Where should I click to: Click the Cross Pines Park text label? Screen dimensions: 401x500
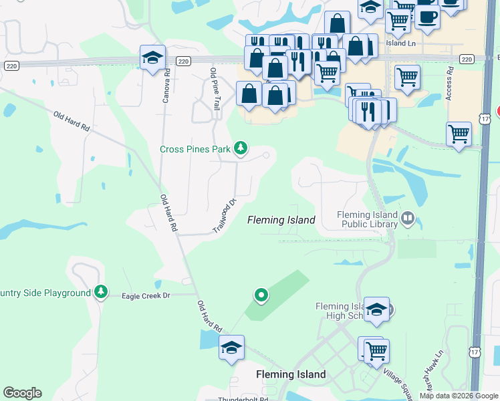pyautogui.click(x=195, y=148)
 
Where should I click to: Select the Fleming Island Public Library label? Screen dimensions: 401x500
pyautogui.click(x=368, y=220)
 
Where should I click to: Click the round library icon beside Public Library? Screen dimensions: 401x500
pyautogui.click(x=407, y=218)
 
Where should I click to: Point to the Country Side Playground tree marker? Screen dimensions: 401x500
pyautogui.click(x=100, y=292)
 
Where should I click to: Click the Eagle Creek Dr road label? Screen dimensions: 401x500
pyautogui.click(x=146, y=295)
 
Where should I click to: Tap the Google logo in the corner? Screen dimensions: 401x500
pyautogui.click(x=22, y=393)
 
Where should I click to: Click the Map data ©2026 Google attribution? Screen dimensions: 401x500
pyautogui.click(x=459, y=396)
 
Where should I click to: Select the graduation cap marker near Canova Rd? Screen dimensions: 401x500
pyautogui.click(x=153, y=58)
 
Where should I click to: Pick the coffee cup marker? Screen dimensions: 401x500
pyautogui.click(x=427, y=16)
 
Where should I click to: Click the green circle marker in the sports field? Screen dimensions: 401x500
pyautogui.click(x=261, y=294)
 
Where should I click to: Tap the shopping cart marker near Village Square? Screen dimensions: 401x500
pyautogui.click(x=376, y=350)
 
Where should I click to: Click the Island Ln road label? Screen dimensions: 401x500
pyautogui.click(x=400, y=42)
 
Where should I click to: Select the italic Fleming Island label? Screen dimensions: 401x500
pyautogui.click(x=281, y=219)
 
